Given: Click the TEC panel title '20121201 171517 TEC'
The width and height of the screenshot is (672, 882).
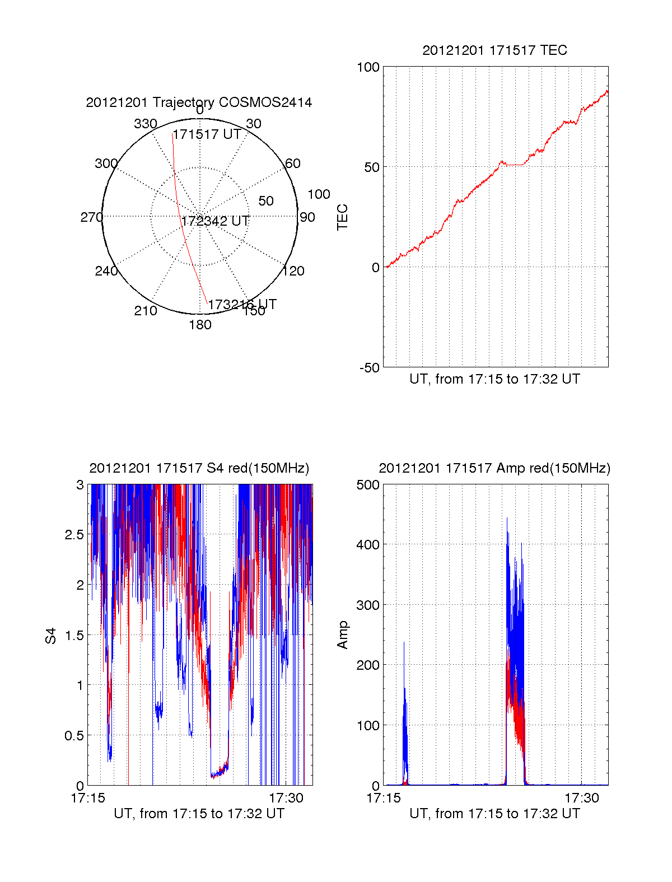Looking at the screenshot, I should [x=494, y=50].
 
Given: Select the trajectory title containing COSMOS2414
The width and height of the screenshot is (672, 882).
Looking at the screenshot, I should [x=199, y=102].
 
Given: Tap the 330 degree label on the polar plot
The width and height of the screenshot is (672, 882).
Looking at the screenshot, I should [x=146, y=124].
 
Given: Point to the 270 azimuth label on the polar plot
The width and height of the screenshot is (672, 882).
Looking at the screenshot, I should [x=91, y=217].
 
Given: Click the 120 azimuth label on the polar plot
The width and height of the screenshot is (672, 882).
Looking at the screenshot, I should [x=293, y=272].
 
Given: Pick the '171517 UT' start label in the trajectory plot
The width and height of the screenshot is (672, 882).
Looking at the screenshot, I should [x=207, y=134].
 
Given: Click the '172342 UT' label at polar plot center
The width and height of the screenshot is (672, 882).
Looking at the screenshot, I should [x=215, y=221].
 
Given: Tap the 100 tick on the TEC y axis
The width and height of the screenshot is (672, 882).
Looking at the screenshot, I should [x=368, y=68].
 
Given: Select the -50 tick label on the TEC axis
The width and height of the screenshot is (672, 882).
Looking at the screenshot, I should [x=369, y=368].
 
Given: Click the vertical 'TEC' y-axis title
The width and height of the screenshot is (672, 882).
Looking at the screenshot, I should [x=342, y=217].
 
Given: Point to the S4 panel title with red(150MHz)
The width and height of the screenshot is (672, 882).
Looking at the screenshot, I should [x=199, y=468].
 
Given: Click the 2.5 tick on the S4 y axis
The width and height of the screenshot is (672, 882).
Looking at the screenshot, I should [x=74, y=535].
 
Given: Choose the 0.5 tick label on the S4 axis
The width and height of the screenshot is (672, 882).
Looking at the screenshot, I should [x=74, y=736].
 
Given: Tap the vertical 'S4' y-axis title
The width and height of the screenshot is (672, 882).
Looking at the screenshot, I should [x=51, y=636].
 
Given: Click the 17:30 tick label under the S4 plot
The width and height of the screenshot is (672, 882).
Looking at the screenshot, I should [x=286, y=798].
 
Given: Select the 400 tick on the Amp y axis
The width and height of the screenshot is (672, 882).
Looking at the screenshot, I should [x=368, y=544].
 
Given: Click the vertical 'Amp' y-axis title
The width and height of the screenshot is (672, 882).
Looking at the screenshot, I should [x=342, y=635].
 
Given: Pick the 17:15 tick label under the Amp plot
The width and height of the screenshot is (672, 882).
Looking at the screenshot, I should [x=384, y=798].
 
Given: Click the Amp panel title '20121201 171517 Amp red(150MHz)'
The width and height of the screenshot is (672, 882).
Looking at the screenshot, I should [x=494, y=468].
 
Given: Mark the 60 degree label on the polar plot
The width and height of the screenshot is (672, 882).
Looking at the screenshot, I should [x=293, y=164].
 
